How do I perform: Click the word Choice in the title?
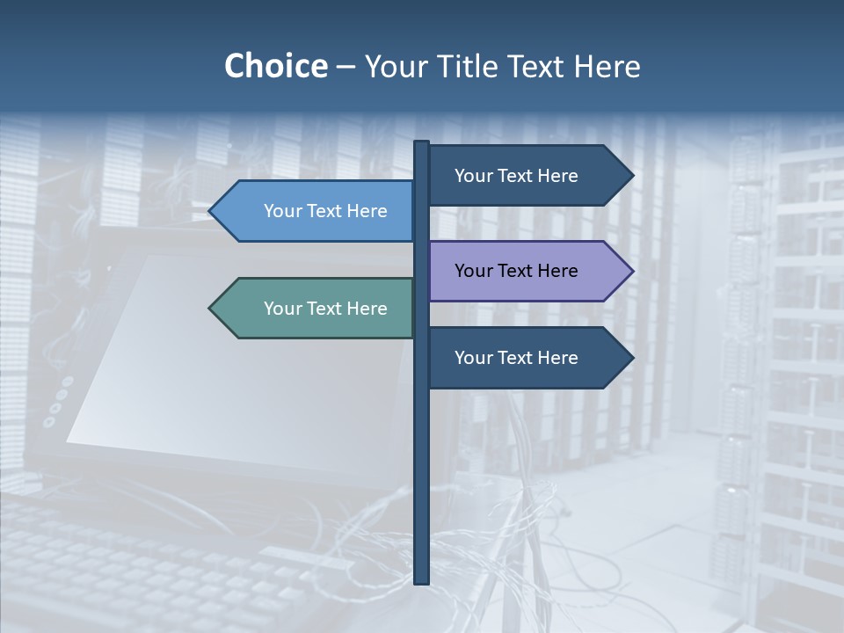click(275, 67)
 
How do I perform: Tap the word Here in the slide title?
click(607, 67)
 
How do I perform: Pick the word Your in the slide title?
click(396, 67)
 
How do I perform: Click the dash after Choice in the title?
click(346, 68)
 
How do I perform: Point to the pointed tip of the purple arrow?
click(631, 272)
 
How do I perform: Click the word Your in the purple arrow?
click(473, 272)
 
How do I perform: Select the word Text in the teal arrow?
click(326, 309)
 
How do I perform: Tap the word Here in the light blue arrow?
click(367, 211)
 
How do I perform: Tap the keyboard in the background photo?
click(132, 563)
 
